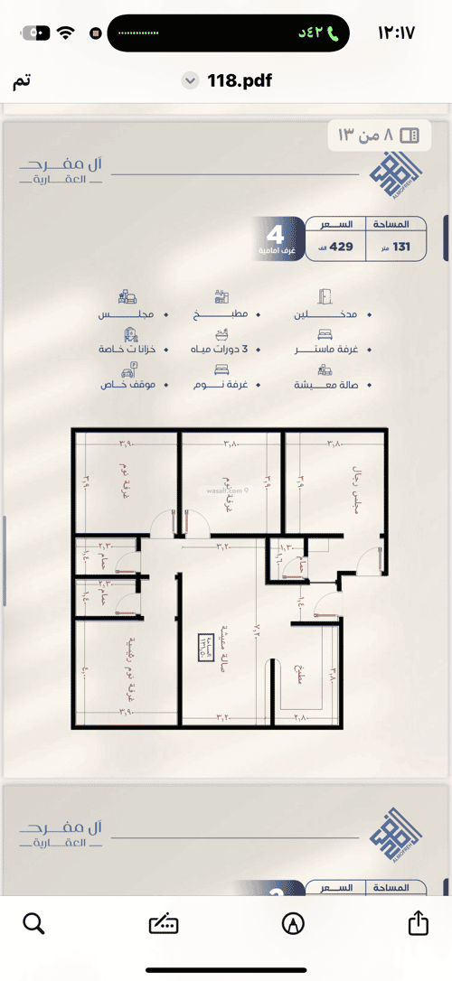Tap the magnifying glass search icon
[33, 923]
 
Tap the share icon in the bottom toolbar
[417, 923]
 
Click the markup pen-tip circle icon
[293, 923]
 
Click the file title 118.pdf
[240, 81]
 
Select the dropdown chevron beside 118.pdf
[190, 81]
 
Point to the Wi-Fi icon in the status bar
[65, 33]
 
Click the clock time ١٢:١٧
[395, 33]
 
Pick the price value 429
[342, 247]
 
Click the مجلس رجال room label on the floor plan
[355, 492]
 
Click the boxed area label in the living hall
[207, 649]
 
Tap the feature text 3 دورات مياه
[220, 348]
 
